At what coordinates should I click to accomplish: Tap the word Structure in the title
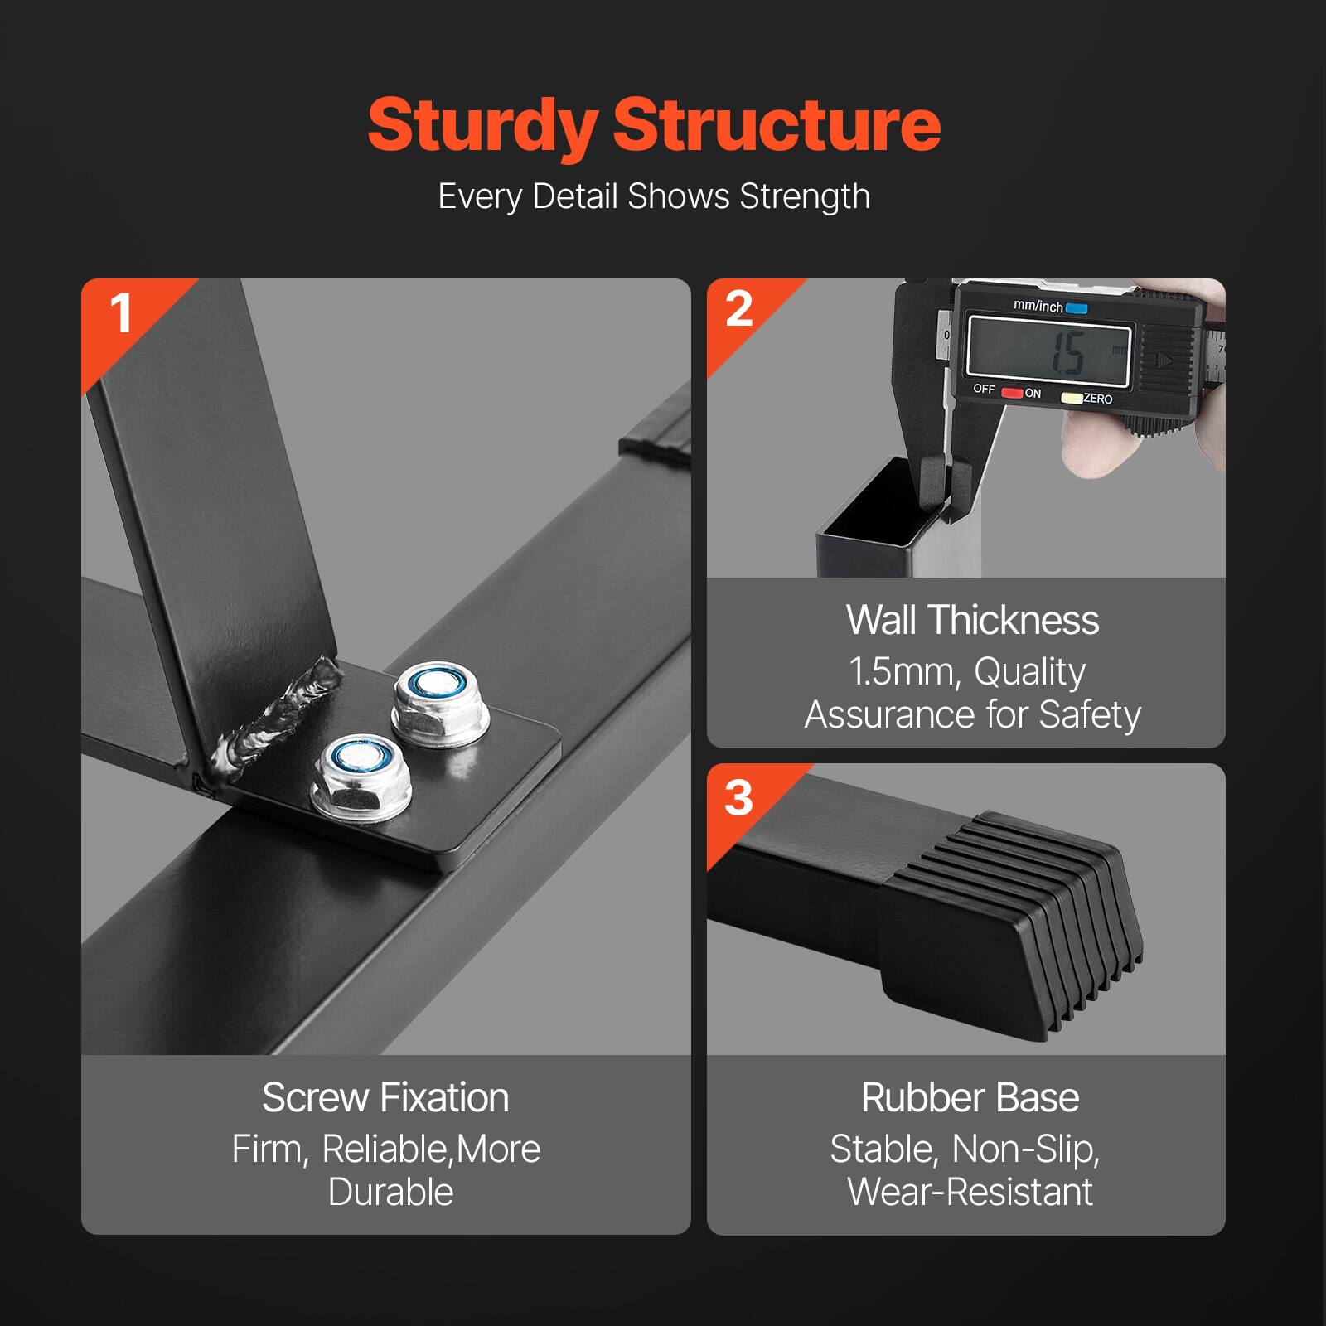click(x=777, y=127)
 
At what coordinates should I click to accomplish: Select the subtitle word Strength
click(x=805, y=197)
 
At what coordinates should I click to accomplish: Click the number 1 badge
click(x=121, y=314)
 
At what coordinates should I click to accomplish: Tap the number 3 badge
click(x=738, y=798)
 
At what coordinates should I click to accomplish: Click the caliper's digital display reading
click(x=1049, y=352)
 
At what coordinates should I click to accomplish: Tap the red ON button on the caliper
click(x=1012, y=394)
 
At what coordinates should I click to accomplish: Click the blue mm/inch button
click(x=1077, y=308)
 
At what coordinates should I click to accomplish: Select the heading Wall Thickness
click(x=972, y=621)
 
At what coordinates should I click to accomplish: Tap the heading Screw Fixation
click(x=385, y=1098)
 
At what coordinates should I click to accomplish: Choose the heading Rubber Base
click(x=970, y=1098)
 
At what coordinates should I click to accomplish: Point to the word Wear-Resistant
click(x=970, y=1193)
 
